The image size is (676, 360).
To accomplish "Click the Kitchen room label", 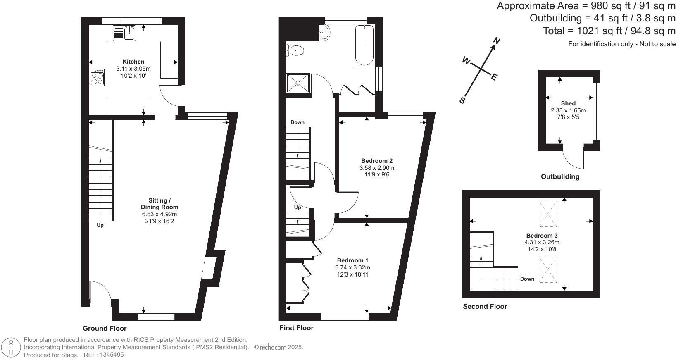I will click(x=133, y=62).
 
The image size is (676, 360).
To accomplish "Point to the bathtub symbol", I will click(x=364, y=45).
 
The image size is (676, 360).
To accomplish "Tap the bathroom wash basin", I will click(x=324, y=32).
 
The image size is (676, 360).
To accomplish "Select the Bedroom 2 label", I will click(x=376, y=161).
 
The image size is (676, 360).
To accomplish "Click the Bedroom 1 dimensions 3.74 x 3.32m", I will click(x=352, y=267).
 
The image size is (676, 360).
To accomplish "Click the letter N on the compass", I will click(x=497, y=41).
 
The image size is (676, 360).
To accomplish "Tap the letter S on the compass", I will click(x=462, y=100).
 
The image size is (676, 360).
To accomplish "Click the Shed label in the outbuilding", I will click(x=568, y=103).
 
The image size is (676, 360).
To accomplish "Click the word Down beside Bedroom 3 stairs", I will click(x=527, y=279).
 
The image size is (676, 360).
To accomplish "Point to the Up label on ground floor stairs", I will click(x=100, y=225).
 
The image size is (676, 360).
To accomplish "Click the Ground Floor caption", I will click(x=105, y=328).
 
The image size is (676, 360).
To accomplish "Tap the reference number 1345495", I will click(x=109, y=355).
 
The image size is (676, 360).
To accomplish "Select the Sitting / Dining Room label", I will click(x=159, y=204).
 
